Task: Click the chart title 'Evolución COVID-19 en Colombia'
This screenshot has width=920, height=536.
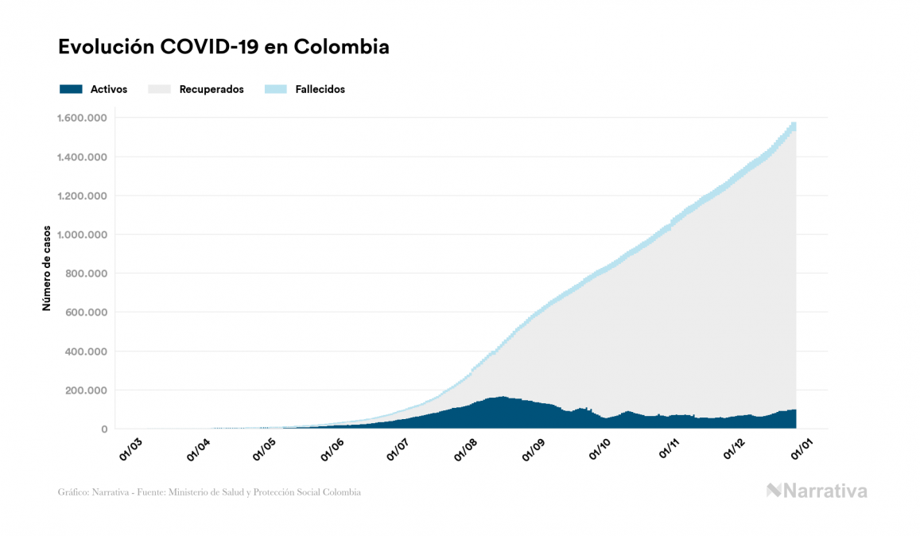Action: coord(223,47)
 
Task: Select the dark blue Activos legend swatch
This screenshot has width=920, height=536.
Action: coord(71,89)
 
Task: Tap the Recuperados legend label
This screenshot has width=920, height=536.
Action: coord(212,89)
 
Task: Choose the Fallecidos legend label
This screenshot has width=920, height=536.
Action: coord(320,89)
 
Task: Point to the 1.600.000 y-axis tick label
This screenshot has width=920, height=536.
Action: coord(82,118)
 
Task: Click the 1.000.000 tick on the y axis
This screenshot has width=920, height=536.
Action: coord(82,235)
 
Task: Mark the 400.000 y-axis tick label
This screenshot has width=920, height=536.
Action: coord(87,352)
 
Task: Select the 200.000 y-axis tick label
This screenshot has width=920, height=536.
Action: coord(87,390)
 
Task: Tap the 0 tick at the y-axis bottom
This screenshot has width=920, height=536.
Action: coord(103,429)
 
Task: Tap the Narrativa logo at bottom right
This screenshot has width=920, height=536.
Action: coord(817,491)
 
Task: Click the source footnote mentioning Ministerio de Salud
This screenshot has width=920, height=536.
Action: coord(209,492)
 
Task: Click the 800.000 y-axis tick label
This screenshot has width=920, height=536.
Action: coord(87,274)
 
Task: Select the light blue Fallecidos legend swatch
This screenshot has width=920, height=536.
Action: coord(274,89)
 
